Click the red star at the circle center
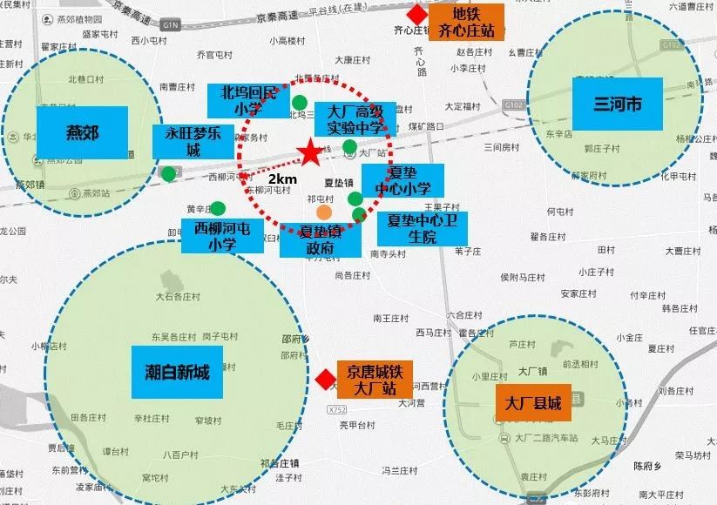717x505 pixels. coord(309,153)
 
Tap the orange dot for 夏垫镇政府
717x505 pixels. coord(324,212)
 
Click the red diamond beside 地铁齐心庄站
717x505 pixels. coord(419,15)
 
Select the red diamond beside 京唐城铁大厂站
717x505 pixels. coord(324,379)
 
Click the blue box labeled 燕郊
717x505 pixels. coord(83,132)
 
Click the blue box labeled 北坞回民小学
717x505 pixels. coord(247,101)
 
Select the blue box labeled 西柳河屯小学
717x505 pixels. coord(223,236)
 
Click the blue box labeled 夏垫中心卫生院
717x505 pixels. coord(422,229)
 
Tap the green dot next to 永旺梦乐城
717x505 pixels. coord(168,173)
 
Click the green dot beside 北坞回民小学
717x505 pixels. coord(300,103)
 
